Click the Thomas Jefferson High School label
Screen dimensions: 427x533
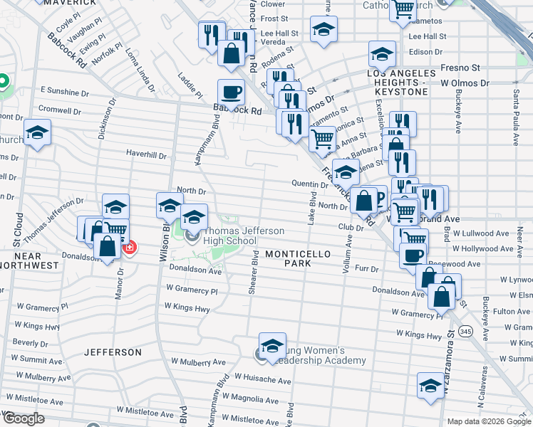click(x=230, y=236)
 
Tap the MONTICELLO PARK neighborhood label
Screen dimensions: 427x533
click(x=289, y=258)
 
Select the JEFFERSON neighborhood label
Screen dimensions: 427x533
click(x=113, y=352)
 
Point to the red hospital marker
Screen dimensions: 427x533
click(x=129, y=248)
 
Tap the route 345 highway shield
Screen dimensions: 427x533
click(x=465, y=331)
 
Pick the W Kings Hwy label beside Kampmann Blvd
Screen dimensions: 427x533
click(x=187, y=308)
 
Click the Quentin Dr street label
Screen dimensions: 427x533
click(x=309, y=184)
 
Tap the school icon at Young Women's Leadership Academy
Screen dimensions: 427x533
click(x=271, y=346)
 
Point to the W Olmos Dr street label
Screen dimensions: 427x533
click(x=465, y=83)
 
